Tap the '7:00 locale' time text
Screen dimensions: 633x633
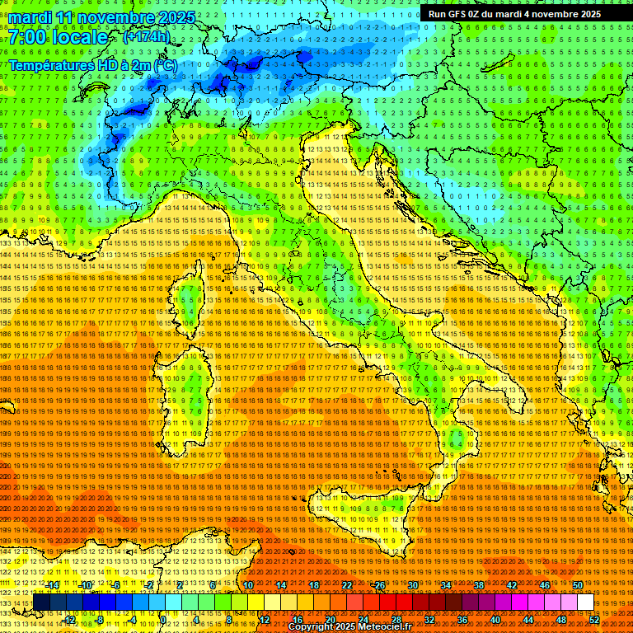(x=58, y=37)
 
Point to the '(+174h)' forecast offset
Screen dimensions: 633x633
(x=146, y=37)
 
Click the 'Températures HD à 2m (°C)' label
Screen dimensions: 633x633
(x=92, y=65)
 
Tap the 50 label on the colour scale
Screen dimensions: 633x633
(x=577, y=585)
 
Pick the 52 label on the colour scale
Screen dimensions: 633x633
(x=594, y=619)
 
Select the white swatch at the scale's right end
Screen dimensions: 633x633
(x=585, y=603)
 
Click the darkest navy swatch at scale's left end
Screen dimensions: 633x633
(x=40, y=603)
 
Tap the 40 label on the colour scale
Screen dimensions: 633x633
(x=495, y=619)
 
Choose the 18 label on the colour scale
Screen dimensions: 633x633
(x=314, y=585)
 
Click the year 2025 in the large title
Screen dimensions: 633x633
(x=176, y=17)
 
